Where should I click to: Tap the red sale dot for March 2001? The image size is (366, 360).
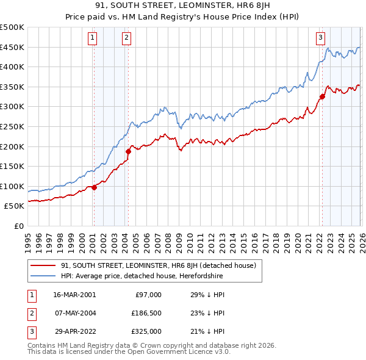(x=94, y=188)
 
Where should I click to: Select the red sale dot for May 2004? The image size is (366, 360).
(x=128, y=151)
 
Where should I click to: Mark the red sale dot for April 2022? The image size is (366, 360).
(x=322, y=96)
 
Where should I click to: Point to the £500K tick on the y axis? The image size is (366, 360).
(x=12, y=27)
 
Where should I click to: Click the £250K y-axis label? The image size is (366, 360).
(x=12, y=126)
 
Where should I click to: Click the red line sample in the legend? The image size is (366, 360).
(x=43, y=265)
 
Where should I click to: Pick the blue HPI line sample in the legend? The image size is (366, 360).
(x=43, y=276)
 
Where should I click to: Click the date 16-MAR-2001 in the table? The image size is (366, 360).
(x=74, y=295)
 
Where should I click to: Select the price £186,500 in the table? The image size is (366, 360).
(x=147, y=313)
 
